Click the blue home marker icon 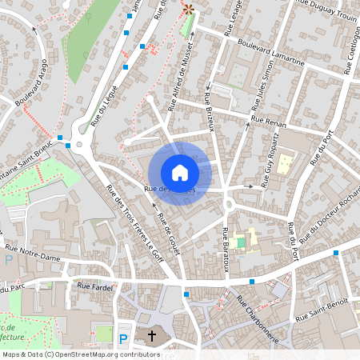pyautogui.click(x=180, y=173)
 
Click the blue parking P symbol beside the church pyautogui.click(x=123, y=339)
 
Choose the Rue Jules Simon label pyautogui.click(x=262, y=92)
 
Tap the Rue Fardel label pyautogui.click(x=94, y=284)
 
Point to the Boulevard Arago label pyautogui.click(x=29, y=86)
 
